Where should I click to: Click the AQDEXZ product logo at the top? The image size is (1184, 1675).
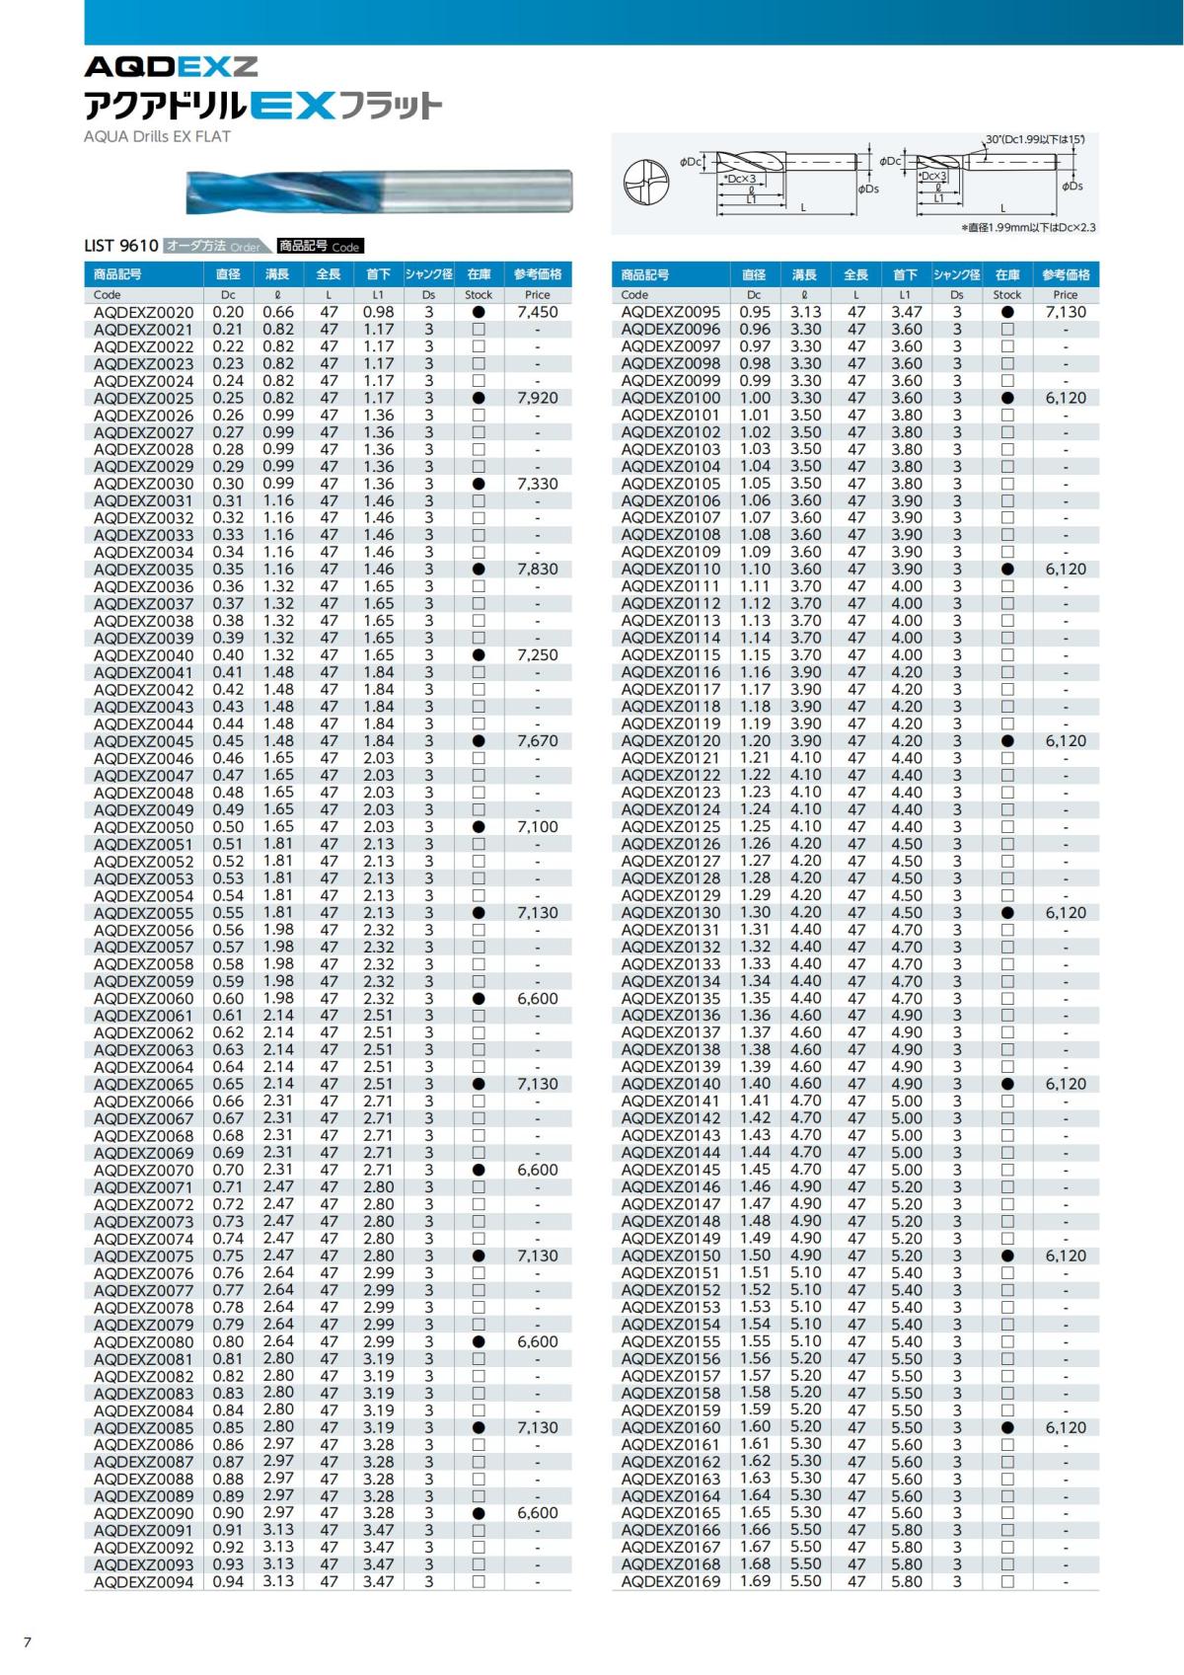coord(171,67)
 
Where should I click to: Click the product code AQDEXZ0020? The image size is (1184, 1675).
coord(143,312)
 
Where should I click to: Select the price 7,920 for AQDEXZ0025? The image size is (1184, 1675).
coord(537,398)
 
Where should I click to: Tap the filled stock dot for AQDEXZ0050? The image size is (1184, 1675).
coord(479,827)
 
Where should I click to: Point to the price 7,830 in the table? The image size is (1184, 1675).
coord(537,570)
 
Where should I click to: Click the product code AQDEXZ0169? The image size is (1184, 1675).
coord(671,1581)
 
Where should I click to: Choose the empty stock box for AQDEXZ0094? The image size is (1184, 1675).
coord(479,1581)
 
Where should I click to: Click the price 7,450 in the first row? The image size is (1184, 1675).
coord(537,312)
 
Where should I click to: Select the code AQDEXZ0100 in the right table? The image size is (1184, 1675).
coord(671,398)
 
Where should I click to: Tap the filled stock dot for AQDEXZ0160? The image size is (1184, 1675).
coord(1007,1427)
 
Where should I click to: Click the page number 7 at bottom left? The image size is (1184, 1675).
coord(28,1642)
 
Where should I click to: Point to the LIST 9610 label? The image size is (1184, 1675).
coord(120,246)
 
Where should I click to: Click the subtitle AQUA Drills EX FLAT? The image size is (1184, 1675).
coord(157,136)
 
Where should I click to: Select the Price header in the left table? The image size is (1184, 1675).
coord(537,294)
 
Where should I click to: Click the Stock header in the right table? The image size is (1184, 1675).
coord(1007,294)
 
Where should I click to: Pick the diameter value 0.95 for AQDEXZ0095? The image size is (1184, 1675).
coord(755,312)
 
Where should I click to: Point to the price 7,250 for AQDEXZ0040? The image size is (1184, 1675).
coord(537,655)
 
